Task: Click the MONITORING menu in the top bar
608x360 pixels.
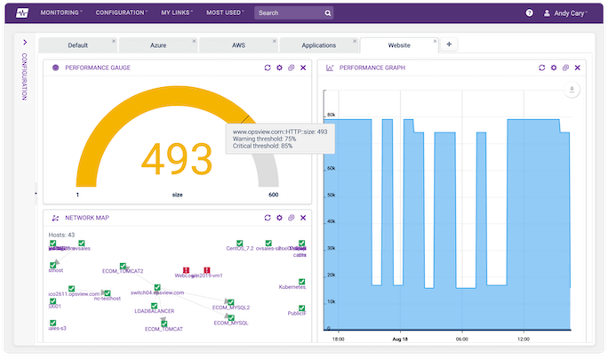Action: point(60,13)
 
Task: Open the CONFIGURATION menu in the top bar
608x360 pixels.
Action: point(122,13)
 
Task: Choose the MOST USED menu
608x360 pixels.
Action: point(227,13)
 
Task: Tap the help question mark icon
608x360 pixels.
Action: point(530,13)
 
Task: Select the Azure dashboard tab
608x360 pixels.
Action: point(157,45)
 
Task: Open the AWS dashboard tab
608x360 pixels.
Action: point(237,45)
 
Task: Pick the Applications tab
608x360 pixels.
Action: point(318,45)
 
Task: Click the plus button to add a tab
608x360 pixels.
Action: point(449,44)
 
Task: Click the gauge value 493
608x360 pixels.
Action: point(178,158)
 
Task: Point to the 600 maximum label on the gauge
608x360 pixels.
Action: point(273,195)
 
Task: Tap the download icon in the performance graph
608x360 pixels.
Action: point(572,90)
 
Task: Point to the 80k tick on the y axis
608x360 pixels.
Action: point(331,115)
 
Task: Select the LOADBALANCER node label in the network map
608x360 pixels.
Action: point(154,311)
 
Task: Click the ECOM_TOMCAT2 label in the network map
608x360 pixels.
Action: point(123,271)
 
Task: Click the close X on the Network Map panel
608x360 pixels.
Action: point(303,218)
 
